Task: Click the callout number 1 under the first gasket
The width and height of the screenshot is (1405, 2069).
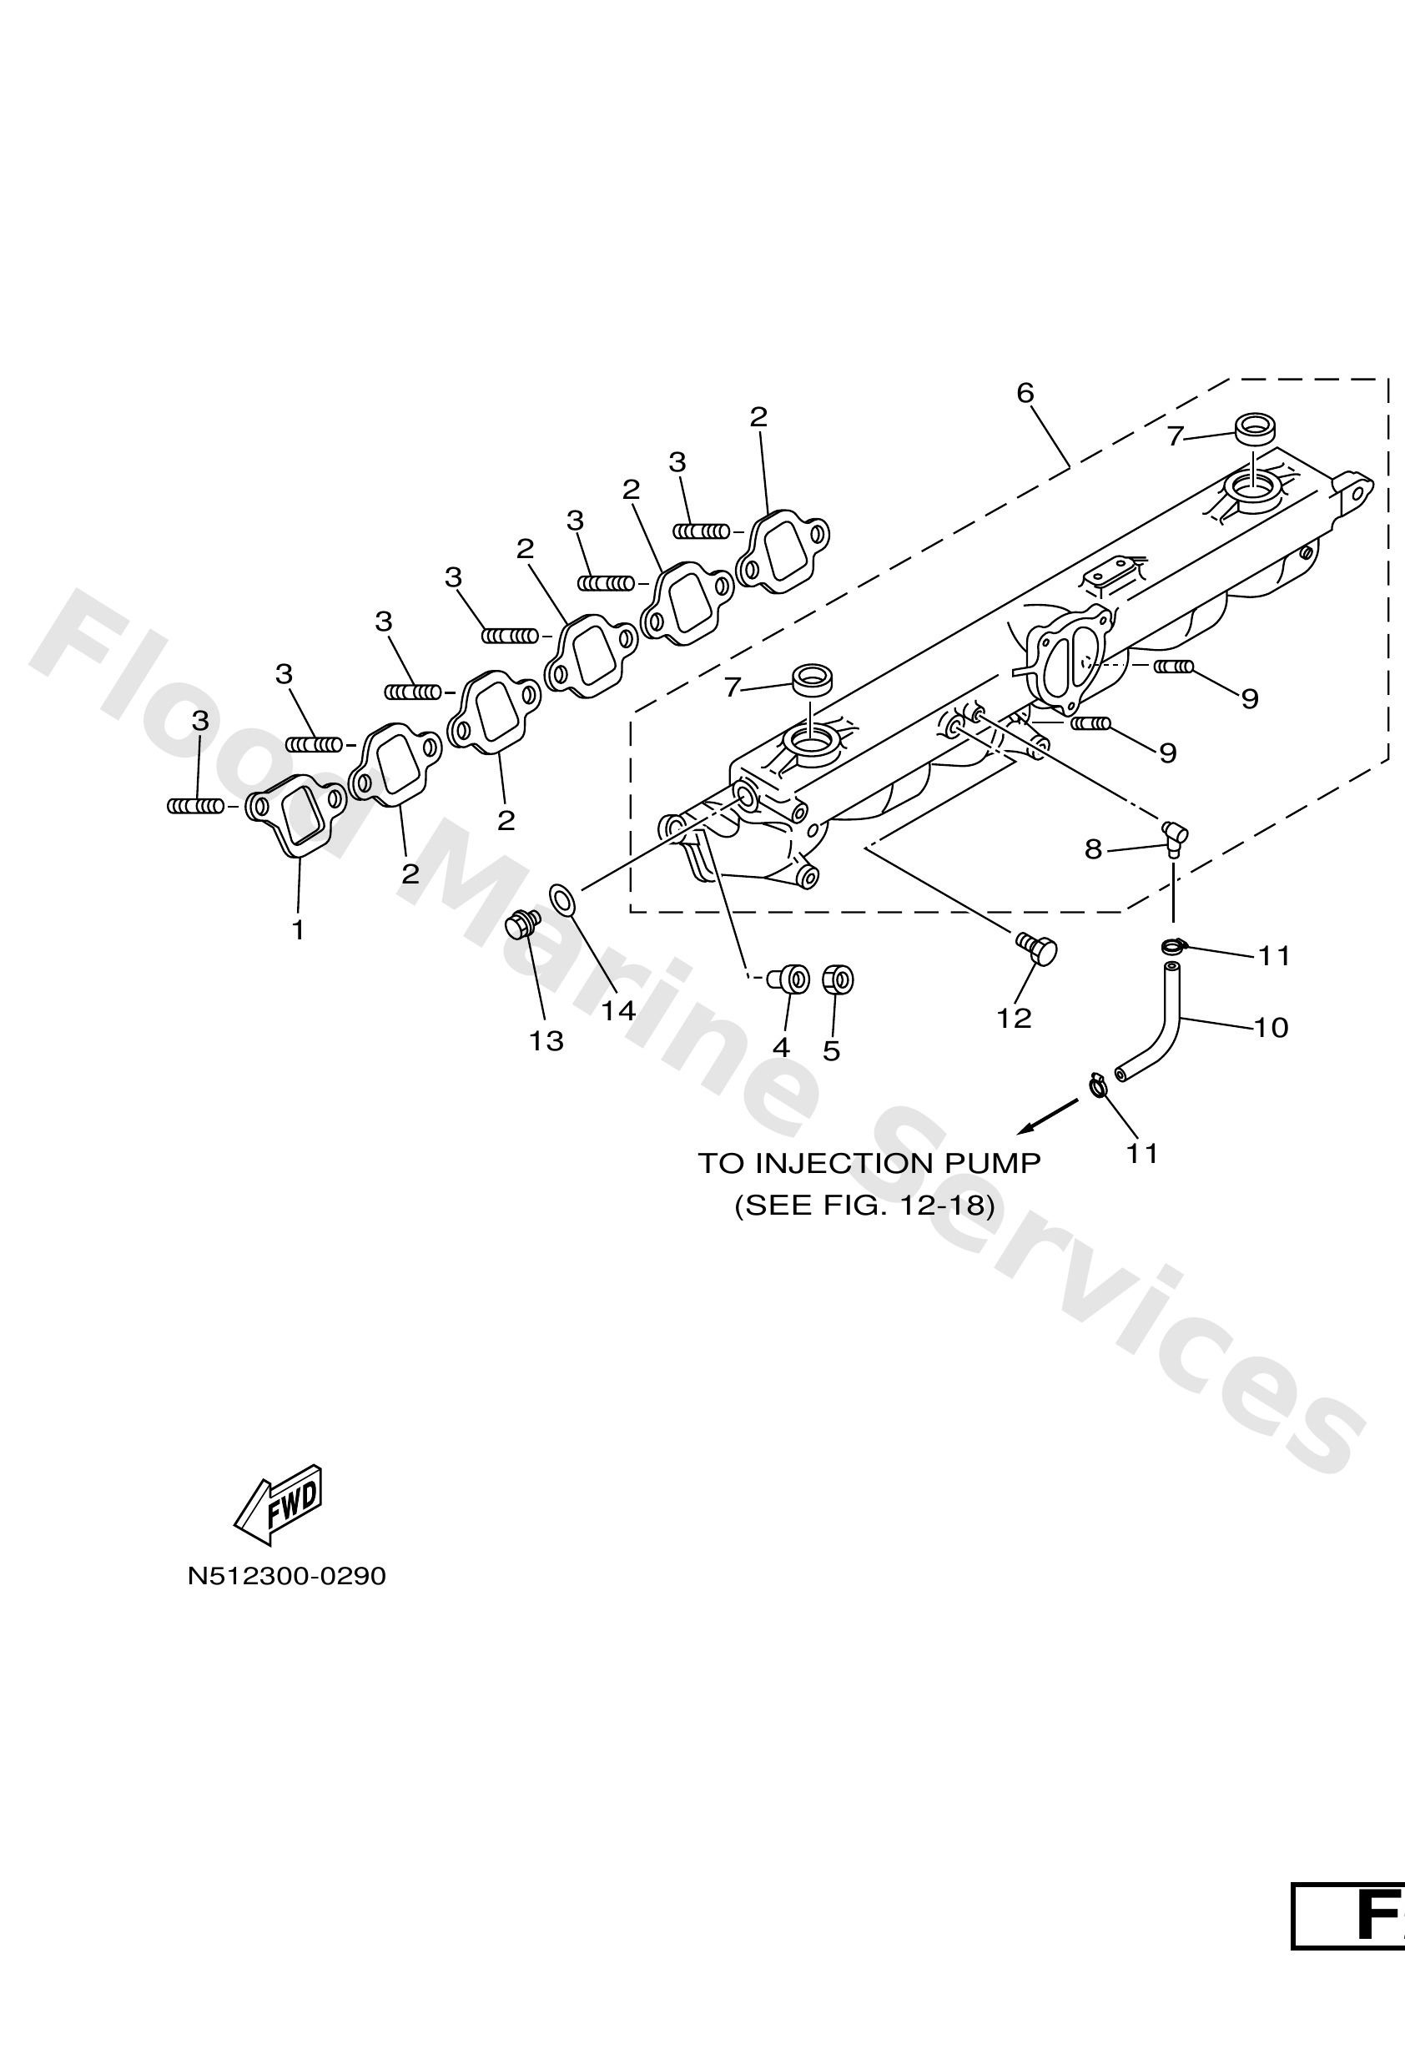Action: point(299,930)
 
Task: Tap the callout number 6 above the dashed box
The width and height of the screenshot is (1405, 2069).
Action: point(1025,393)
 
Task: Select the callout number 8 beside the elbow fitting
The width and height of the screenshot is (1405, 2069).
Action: point(1093,849)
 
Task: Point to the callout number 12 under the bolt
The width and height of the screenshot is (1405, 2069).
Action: point(1015,1018)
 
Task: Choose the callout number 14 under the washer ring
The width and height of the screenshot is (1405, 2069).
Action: point(618,1010)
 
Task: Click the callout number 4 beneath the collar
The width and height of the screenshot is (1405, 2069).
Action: point(781,1047)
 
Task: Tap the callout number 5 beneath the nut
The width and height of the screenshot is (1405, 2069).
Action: point(831,1051)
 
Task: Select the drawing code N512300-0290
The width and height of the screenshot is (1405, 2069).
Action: point(287,1577)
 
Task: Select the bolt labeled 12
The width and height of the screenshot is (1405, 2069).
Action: point(1037,949)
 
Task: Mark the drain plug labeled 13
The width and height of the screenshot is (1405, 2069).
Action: point(521,924)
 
